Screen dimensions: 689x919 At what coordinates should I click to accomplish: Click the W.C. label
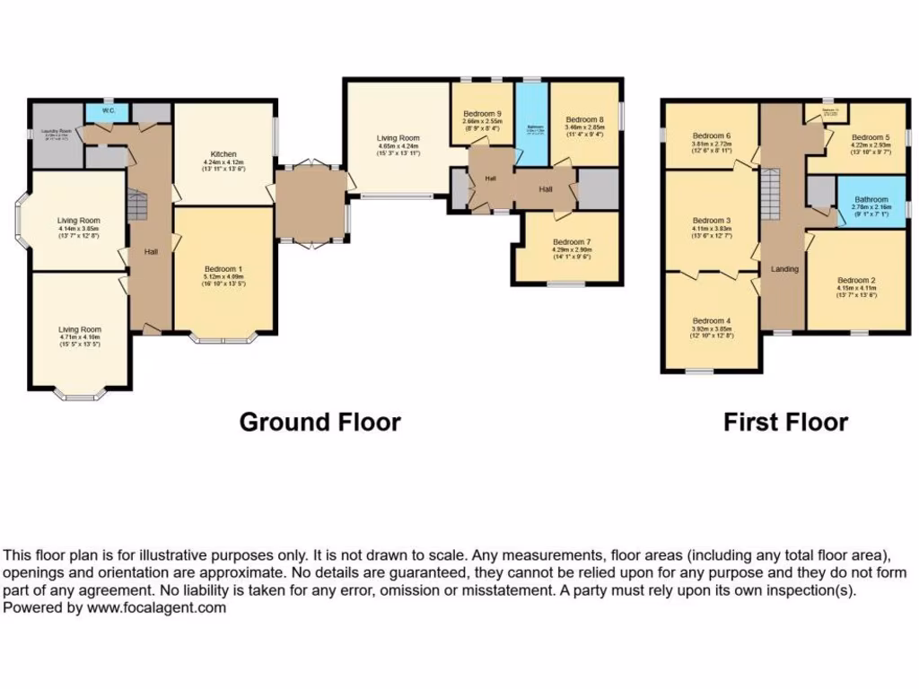click(108, 111)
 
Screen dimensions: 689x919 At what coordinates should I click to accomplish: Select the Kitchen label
click(223, 153)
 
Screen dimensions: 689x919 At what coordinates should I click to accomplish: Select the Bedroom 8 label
click(584, 118)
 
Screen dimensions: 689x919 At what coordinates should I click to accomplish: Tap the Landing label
click(784, 268)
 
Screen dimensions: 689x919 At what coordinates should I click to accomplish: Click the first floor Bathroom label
click(871, 199)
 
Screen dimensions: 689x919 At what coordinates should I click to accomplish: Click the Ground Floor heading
click(319, 422)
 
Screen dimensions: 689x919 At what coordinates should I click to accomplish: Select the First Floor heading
click(785, 422)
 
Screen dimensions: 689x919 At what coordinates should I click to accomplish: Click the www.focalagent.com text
click(158, 607)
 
